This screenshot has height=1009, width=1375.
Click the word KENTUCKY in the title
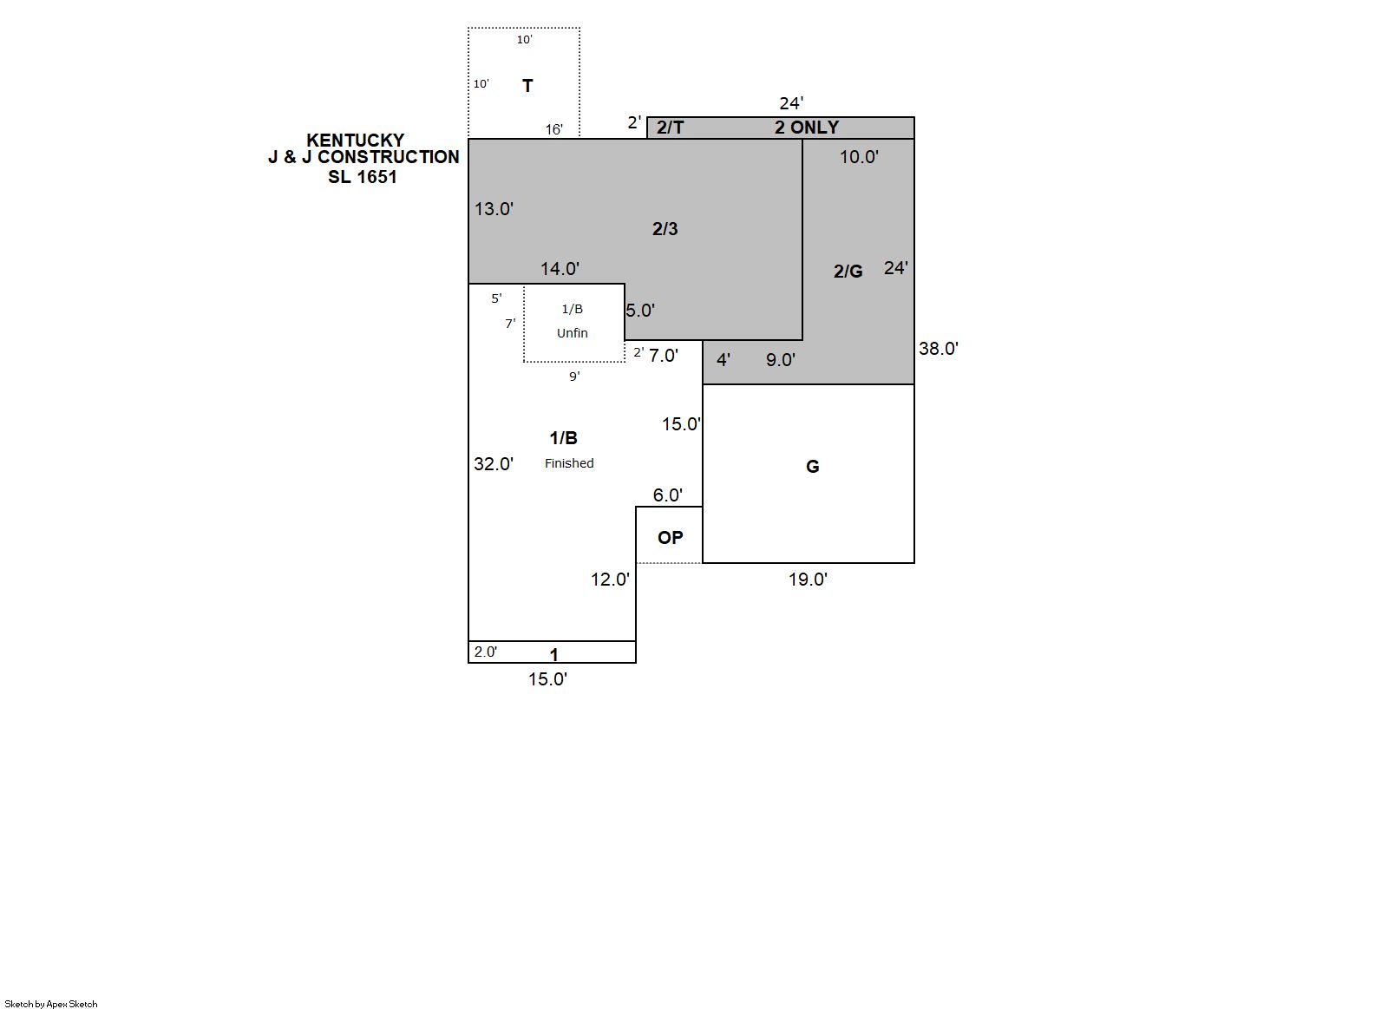click(356, 141)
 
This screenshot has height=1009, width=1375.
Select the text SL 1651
click(362, 177)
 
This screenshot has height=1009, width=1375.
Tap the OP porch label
click(670, 538)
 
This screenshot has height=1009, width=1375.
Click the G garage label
click(812, 467)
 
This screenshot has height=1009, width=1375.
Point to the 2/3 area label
click(665, 229)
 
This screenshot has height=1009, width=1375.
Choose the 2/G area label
click(848, 271)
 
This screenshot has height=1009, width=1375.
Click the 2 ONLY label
click(807, 127)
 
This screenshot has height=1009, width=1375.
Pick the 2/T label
click(670, 127)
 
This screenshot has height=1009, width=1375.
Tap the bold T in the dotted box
click(527, 86)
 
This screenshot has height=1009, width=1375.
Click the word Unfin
click(572, 332)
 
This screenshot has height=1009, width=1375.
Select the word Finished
click(569, 462)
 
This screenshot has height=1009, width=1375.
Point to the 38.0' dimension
click(938, 349)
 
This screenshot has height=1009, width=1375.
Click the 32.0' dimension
click(493, 463)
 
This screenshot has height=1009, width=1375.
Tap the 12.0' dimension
click(610, 579)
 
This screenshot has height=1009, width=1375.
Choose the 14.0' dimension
click(560, 268)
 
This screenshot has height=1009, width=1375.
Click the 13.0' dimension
click(494, 209)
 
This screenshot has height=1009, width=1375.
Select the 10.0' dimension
click(859, 156)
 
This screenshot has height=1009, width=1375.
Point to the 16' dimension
click(553, 129)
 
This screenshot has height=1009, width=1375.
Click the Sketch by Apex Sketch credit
click(51, 1004)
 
